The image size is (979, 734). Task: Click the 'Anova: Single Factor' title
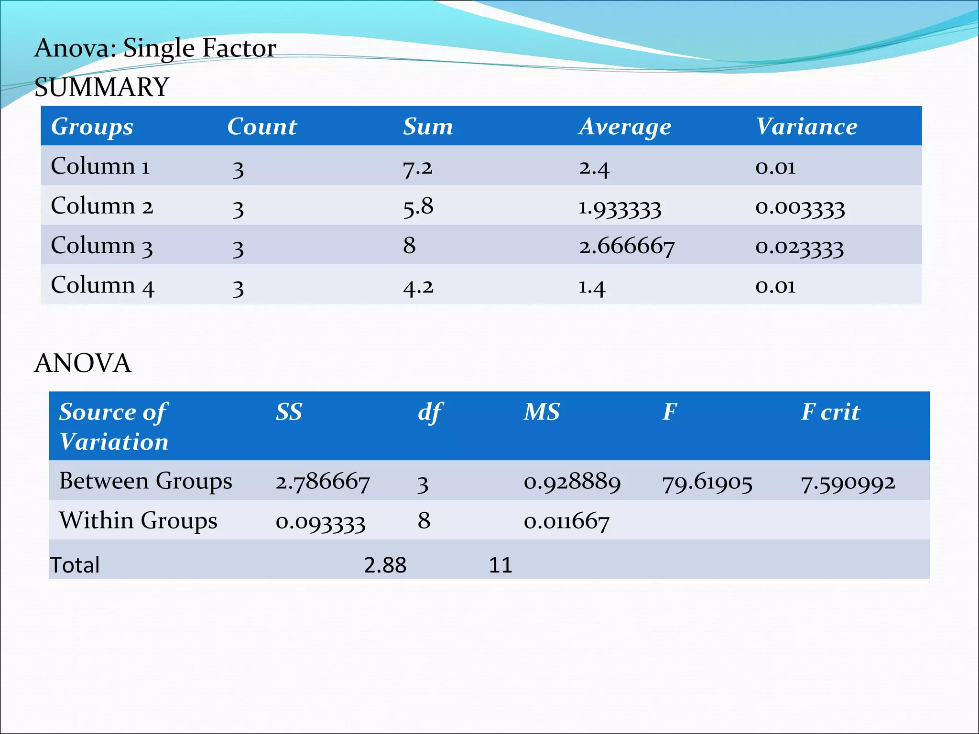tap(155, 48)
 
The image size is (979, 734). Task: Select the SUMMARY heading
tap(102, 87)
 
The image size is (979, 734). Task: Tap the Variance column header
tap(806, 127)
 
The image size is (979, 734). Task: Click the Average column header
tap(625, 127)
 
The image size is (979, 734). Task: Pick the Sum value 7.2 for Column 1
tap(417, 167)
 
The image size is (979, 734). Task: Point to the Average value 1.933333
tap(620, 208)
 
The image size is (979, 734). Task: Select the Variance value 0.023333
tap(799, 247)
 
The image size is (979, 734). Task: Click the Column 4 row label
tap(102, 285)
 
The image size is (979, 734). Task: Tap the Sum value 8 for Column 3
tap(409, 246)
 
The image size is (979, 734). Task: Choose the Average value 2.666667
tap(626, 247)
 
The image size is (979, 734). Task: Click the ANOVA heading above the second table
tap(83, 363)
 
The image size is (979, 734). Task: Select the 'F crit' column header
tap(830, 412)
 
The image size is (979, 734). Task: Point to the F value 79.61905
tap(707, 482)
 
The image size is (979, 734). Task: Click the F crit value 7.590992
tap(848, 482)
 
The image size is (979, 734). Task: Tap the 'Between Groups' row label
tap(145, 481)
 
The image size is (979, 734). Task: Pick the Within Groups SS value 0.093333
tap(320, 521)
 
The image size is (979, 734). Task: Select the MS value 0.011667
tap(566, 521)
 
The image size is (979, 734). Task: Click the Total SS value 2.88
tap(385, 565)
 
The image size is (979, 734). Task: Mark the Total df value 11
tap(500, 565)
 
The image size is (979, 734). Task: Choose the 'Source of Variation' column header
tap(114, 426)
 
